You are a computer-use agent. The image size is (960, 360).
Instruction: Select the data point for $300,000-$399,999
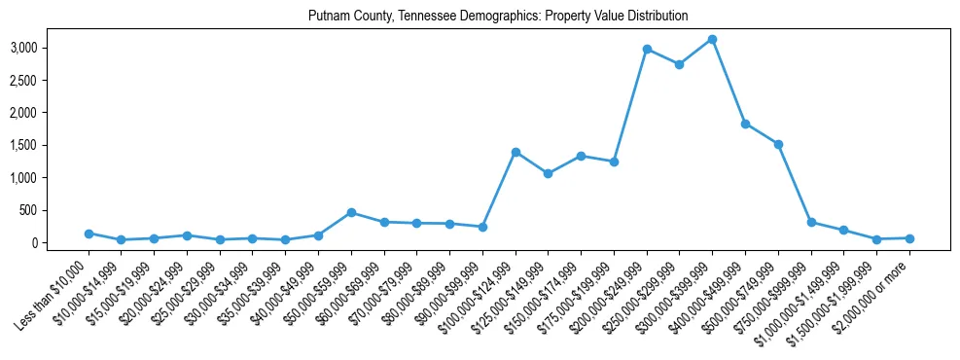[712, 40]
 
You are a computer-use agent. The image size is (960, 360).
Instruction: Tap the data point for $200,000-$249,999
[647, 49]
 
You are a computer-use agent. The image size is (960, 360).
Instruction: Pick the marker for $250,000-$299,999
[679, 65]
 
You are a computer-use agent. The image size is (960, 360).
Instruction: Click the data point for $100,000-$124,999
[516, 152]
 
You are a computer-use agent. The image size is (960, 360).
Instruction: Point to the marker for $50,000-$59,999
[351, 212]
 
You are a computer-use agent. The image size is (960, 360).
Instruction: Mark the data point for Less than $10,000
[89, 234]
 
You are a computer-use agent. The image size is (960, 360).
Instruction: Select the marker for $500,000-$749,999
[778, 144]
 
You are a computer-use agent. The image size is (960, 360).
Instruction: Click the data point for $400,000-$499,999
[745, 124]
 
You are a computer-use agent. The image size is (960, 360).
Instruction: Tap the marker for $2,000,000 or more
[909, 238]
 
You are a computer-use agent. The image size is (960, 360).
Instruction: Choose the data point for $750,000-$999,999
[811, 222]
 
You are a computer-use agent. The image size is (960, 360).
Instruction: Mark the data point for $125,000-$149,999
[548, 173]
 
